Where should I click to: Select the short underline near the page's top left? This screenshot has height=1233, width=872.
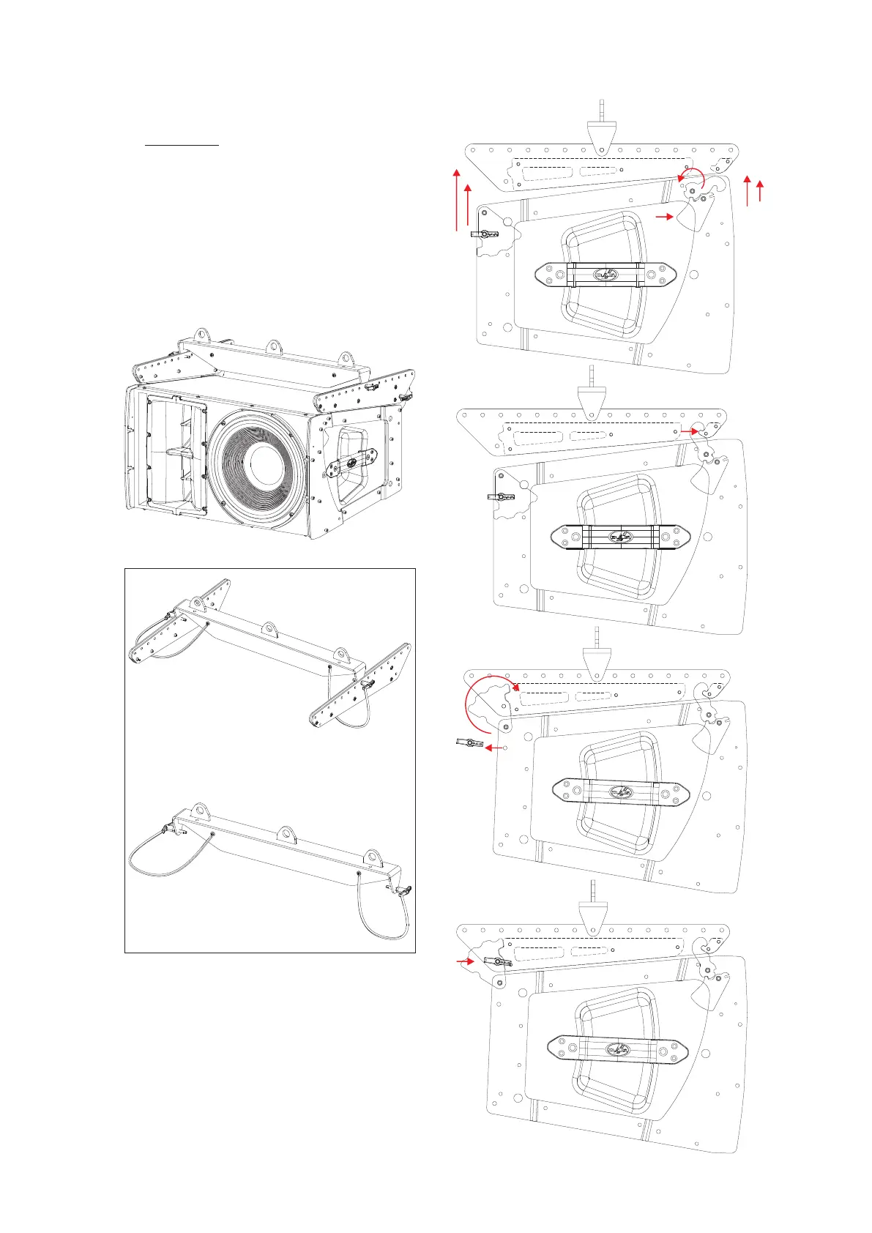182,145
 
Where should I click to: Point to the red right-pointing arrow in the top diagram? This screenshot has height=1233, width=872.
663,217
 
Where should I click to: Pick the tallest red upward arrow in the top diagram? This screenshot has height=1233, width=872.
456,198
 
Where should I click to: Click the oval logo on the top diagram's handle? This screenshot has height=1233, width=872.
605,275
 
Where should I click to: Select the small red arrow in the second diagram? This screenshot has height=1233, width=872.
689,432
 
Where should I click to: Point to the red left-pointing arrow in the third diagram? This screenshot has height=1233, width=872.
496,748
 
